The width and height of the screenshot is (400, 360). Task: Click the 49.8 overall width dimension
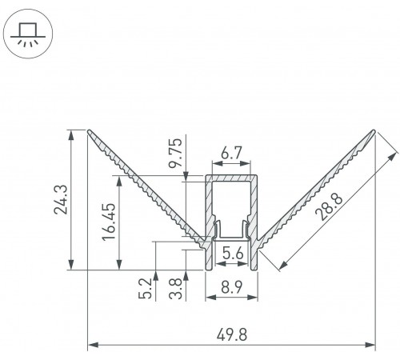click(232, 334)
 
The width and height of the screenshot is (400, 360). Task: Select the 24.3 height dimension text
click(61, 200)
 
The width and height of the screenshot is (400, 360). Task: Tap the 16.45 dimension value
click(109, 222)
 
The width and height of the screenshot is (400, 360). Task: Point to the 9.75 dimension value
click(176, 152)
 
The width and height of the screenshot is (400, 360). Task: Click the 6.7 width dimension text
click(231, 153)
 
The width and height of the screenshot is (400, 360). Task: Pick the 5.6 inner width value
click(233, 253)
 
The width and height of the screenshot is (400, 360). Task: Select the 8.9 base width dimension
click(231, 287)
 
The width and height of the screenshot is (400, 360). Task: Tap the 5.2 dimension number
click(146, 288)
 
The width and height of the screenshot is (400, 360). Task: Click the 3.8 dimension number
click(176, 289)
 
